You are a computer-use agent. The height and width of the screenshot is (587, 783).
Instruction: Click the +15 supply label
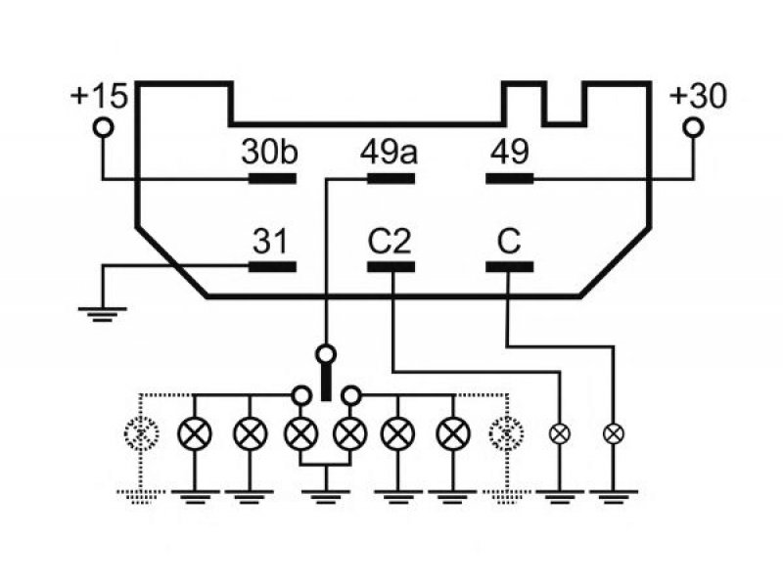pos(100,96)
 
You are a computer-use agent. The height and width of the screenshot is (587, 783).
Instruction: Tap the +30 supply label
pos(698,96)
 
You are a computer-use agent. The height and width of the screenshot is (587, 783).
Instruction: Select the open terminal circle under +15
pos(103,127)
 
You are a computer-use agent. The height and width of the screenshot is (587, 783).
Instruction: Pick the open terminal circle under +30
pos(693,127)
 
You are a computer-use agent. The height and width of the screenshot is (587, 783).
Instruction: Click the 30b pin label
pos(270,152)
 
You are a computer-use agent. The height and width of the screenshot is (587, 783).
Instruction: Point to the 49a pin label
pos(389,152)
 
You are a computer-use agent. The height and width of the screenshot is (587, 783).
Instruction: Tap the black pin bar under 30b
pos(273,179)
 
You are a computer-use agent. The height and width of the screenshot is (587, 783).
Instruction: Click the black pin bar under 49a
pos(391,179)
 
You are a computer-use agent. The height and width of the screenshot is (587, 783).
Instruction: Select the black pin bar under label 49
pos(510,179)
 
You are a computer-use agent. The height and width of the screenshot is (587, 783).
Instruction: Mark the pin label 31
pos(271,242)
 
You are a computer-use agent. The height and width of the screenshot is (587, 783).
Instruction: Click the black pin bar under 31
pos(273,267)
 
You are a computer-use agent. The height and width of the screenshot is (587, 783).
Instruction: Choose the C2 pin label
pos(390,242)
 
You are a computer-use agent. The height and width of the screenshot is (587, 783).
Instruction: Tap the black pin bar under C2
pos(391,267)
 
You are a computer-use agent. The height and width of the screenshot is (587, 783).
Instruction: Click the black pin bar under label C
pos(510,267)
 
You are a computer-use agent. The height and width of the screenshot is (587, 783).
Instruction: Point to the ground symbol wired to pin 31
pos(103,314)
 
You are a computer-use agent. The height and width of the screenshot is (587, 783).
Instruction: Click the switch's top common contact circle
pos(326,354)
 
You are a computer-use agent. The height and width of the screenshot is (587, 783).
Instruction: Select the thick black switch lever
pos(326,383)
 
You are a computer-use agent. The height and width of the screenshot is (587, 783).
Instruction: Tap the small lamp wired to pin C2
pos(560,433)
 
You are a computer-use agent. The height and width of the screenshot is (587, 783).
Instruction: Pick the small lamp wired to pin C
pos(614,433)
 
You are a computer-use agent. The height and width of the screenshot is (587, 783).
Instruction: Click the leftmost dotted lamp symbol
pos(142,432)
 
